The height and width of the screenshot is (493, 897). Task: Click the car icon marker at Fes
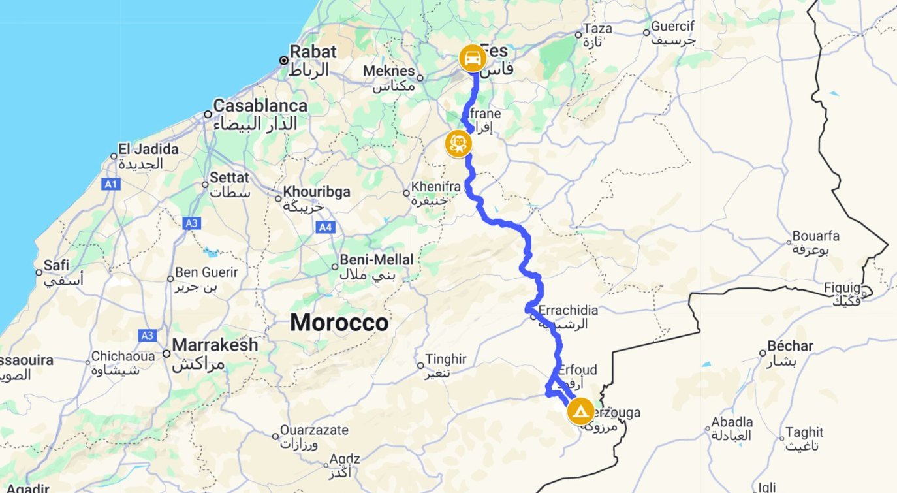pyautogui.click(x=471, y=58)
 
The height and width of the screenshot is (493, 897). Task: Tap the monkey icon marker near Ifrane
pyautogui.click(x=458, y=144)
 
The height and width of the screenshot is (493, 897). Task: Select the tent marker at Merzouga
pyautogui.click(x=580, y=412)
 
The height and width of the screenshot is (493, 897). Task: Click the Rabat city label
pyautogui.click(x=313, y=52)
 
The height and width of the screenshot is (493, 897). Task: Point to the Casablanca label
pyautogui.click(x=260, y=106)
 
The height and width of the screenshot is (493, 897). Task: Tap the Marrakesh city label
pyautogui.click(x=215, y=345)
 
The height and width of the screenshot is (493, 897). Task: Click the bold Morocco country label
pyautogui.click(x=339, y=323)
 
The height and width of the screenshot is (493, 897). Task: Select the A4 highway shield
pyautogui.click(x=324, y=227)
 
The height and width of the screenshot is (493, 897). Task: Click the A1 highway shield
pyautogui.click(x=111, y=185)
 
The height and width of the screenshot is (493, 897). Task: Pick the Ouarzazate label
pyautogui.click(x=314, y=431)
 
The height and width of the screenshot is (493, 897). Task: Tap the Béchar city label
pyautogui.click(x=790, y=346)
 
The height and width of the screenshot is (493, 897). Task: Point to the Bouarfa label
pyautogui.click(x=815, y=236)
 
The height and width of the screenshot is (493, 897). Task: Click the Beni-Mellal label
pyautogui.click(x=376, y=260)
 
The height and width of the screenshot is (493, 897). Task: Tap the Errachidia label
pyautogui.click(x=567, y=310)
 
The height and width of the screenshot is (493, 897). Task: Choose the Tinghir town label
pyautogui.click(x=446, y=359)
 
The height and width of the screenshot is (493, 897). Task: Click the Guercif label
pyautogui.click(x=673, y=27)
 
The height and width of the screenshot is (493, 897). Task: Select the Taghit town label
pyautogui.click(x=804, y=432)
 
